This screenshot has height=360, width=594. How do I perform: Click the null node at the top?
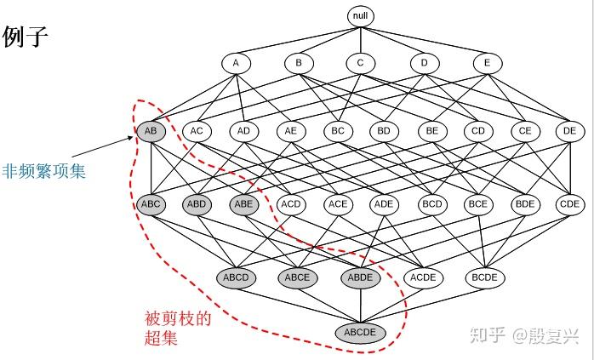point(360,16)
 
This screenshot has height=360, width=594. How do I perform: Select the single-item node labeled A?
point(236,63)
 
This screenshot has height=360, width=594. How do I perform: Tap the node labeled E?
point(488,63)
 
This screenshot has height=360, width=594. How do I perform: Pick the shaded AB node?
point(151,132)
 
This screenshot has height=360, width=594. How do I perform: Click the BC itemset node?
point(338,132)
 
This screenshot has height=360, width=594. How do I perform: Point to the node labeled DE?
point(570,132)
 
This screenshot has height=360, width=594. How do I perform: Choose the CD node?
point(478,132)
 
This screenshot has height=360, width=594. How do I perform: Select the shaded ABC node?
point(151,204)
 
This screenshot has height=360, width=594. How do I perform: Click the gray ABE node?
point(243,204)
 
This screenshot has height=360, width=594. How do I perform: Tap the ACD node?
point(291,204)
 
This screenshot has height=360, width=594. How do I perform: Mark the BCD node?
point(432,204)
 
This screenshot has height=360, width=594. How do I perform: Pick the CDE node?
point(570,204)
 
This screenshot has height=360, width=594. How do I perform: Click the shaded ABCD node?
point(236,277)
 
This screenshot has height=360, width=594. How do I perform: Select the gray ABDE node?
point(360,277)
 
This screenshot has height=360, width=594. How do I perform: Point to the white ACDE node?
point(423,277)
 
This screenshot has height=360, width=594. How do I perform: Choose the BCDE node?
point(484,277)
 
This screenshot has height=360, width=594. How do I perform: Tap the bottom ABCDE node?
point(360,333)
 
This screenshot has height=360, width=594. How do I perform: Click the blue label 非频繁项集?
point(44,171)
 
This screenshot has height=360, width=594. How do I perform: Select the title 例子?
point(26,37)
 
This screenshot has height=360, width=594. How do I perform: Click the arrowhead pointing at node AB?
point(131,138)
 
